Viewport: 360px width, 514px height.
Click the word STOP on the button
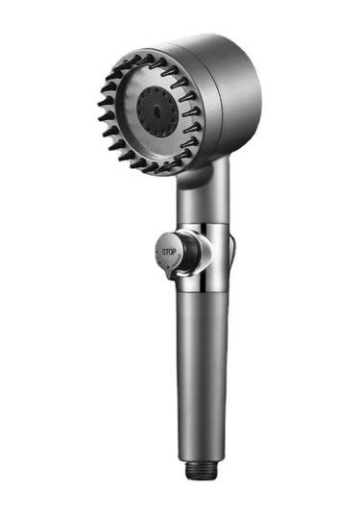pyautogui.click(x=169, y=252)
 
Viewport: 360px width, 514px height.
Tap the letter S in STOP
pyautogui.click(x=164, y=252)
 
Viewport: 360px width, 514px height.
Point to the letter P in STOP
pyautogui.click(x=174, y=252)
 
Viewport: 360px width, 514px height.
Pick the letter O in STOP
pyautogui.click(x=170, y=252)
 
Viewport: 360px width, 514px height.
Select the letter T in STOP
pyautogui.click(x=167, y=252)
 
